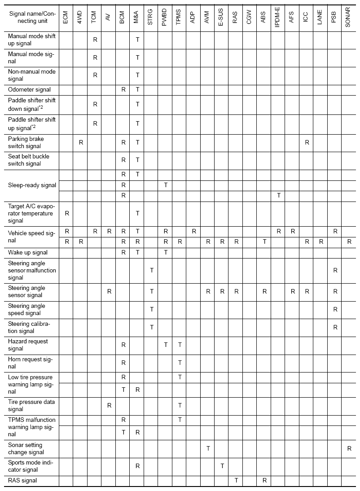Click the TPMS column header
(x=180, y=17)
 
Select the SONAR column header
(x=349, y=17)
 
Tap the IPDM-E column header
(x=278, y=17)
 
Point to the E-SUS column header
(x=222, y=17)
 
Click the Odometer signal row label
(x=29, y=89)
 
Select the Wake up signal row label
(x=28, y=253)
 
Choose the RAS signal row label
(x=22, y=481)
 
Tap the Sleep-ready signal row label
(x=32, y=185)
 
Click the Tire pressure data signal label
(x=31, y=405)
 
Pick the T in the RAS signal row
(x=236, y=481)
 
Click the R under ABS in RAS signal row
(x=264, y=481)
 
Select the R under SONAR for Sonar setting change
(x=349, y=448)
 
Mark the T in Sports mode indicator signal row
(x=222, y=466)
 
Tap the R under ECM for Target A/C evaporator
(x=67, y=213)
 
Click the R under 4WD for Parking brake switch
(x=81, y=142)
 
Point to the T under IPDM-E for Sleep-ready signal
(x=279, y=196)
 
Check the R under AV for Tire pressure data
(x=109, y=405)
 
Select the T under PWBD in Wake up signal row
(x=166, y=253)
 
